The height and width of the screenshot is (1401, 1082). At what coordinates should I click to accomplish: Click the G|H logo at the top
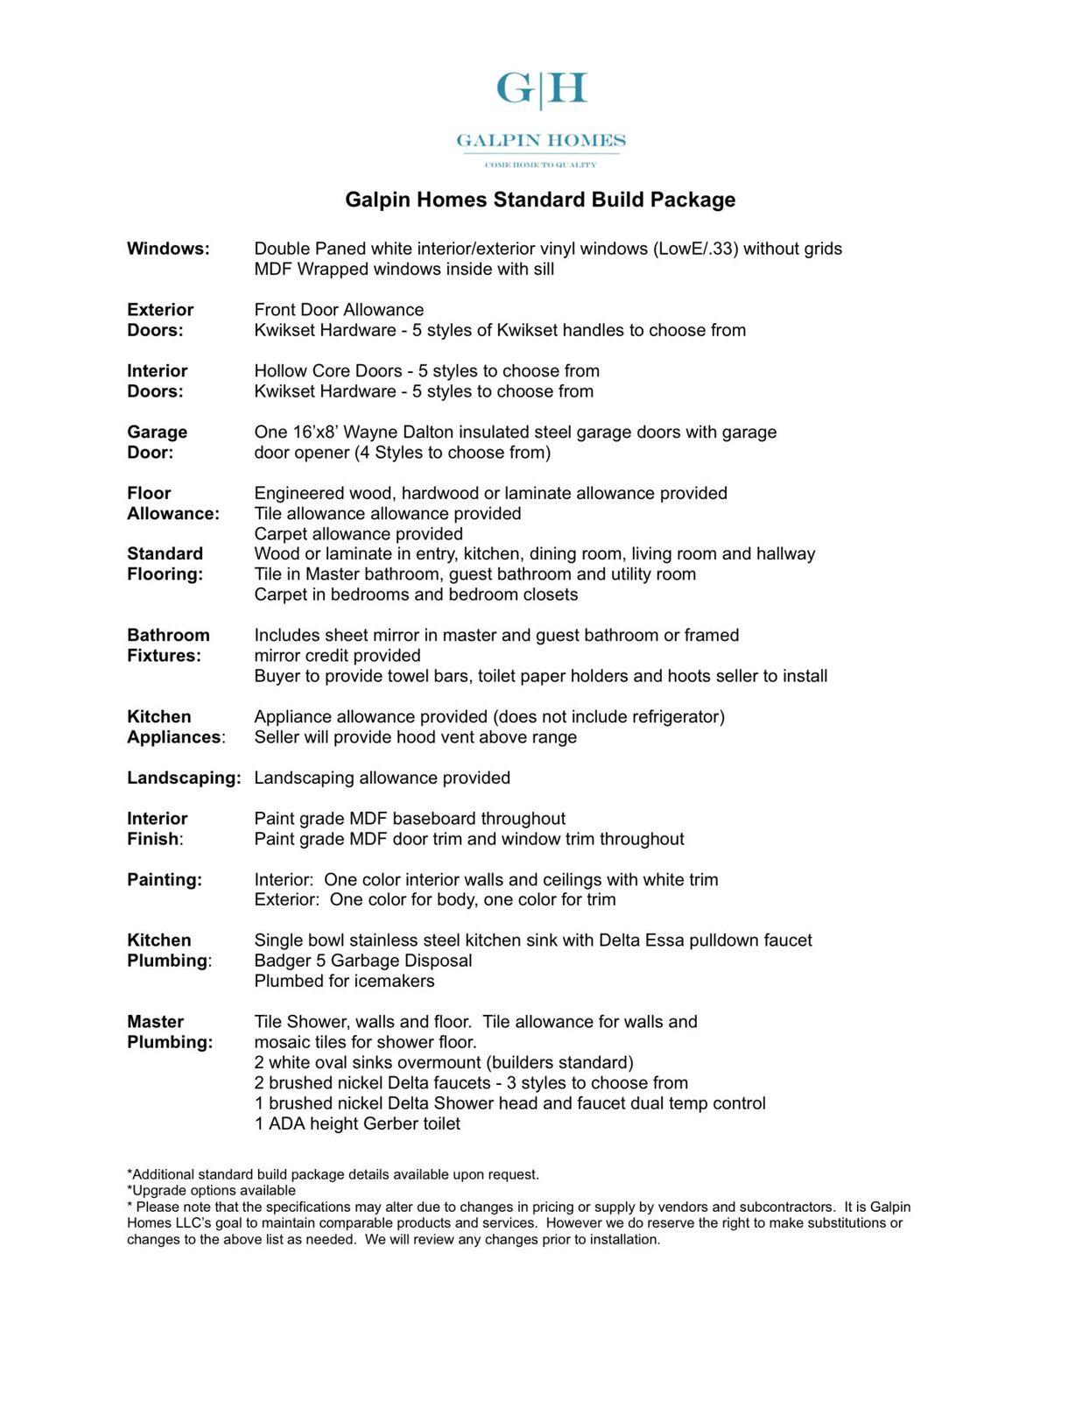541,89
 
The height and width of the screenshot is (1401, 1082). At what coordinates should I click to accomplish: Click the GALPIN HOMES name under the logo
541,140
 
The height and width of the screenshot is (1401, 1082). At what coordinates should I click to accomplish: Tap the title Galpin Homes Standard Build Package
540,200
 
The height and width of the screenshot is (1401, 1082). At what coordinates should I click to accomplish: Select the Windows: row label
168,249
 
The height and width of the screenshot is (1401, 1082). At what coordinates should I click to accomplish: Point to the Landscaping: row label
184,778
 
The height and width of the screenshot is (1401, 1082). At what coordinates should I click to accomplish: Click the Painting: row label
165,879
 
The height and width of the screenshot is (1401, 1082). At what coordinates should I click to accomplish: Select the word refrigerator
671,716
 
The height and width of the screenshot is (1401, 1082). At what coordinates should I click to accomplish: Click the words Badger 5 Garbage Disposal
362,961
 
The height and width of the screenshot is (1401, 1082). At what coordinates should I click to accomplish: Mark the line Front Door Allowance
339,310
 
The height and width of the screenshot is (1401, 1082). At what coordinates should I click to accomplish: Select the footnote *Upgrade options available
211,1190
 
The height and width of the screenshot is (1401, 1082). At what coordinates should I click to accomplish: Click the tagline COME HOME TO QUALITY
541,165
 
